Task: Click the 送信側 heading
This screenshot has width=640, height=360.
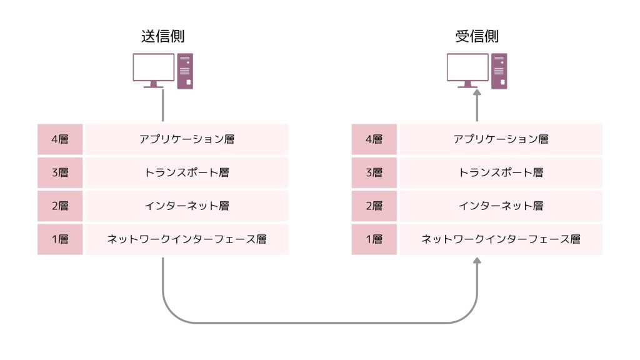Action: (x=162, y=36)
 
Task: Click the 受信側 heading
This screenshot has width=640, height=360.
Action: (x=477, y=36)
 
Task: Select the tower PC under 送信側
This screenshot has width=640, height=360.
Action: (x=185, y=71)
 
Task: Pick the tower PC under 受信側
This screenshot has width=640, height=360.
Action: (x=499, y=71)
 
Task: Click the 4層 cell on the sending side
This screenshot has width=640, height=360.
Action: (x=60, y=139)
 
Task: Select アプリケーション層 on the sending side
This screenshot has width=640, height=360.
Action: (x=187, y=139)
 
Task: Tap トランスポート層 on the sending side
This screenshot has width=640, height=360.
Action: (x=187, y=172)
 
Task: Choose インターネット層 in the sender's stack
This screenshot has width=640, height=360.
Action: (x=187, y=206)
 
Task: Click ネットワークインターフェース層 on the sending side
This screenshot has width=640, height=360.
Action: (x=187, y=239)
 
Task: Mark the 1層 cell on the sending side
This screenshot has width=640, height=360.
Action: (x=60, y=239)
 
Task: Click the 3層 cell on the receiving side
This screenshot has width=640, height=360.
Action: (x=374, y=172)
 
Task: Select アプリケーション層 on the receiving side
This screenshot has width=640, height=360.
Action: (x=501, y=139)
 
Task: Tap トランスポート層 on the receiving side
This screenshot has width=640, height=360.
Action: (x=501, y=172)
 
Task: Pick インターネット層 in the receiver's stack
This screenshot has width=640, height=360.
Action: (x=501, y=206)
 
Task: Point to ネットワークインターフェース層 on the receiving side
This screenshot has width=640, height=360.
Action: (x=501, y=239)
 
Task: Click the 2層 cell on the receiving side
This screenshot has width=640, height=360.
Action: (x=374, y=206)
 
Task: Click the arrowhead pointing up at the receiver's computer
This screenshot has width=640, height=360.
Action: (x=477, y=94)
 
